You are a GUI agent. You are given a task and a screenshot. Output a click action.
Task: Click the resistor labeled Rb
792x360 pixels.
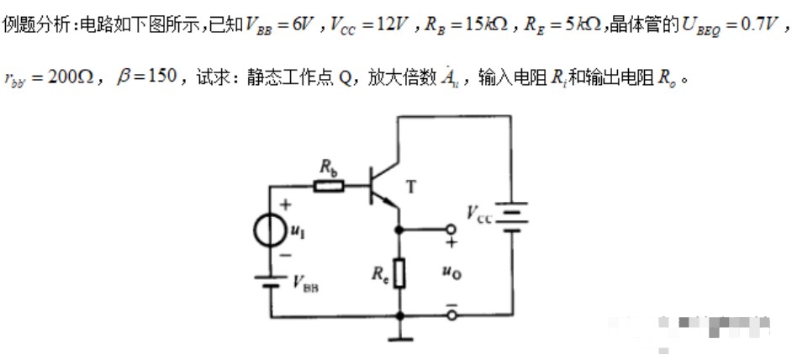pos(328,184)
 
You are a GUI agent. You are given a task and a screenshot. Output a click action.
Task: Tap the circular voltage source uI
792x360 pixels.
pos(271,229)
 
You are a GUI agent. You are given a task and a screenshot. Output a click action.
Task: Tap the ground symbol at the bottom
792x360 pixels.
pos(399,338)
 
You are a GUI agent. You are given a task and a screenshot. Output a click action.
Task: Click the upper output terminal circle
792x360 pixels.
pos(451,229)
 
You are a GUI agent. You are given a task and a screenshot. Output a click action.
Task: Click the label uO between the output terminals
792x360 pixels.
pos(451,272)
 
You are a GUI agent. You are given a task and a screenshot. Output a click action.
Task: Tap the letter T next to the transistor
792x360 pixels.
pos(410,188)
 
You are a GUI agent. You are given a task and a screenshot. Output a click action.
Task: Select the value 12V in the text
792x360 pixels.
pos(386,24)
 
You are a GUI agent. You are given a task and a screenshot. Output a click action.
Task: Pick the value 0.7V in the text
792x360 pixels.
pos(752,24)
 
